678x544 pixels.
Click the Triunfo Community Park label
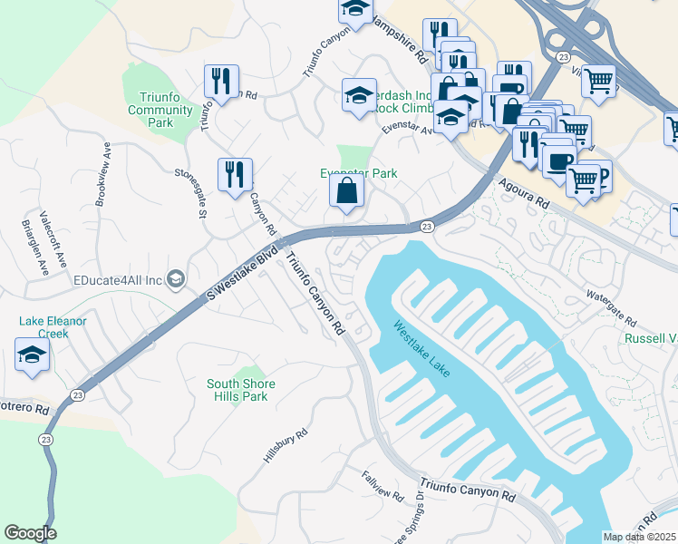[160, 110]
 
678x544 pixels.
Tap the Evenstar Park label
[358, 173]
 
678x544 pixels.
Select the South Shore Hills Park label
[241, 391]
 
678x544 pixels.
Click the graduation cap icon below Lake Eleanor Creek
[32, 355]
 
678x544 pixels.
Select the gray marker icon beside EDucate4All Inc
[177, 280]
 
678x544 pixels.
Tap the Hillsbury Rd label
[280, 447]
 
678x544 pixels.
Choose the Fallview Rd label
[382, 486]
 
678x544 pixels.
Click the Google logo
[30, 533]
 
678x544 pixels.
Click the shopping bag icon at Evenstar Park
[346, 191]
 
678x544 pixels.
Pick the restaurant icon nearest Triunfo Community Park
[221, 82]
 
